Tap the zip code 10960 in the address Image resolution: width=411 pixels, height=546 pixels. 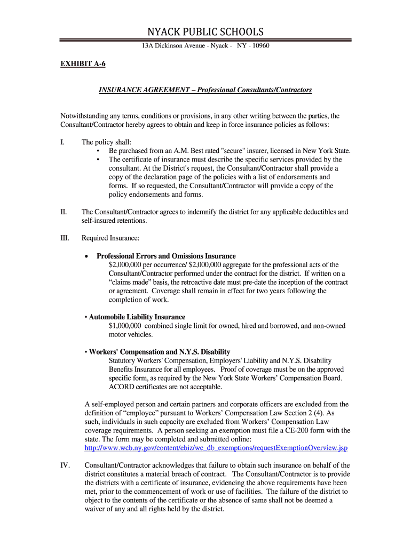pos(258,46)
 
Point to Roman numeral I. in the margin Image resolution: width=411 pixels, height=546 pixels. pos(62,142)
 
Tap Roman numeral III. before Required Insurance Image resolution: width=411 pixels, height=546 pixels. pos(65,238)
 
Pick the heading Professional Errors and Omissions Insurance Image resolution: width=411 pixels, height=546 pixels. pos(166,256)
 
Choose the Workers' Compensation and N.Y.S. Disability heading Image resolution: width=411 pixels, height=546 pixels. pos(160,352)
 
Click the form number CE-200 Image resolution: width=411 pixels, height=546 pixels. pos(294,430)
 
